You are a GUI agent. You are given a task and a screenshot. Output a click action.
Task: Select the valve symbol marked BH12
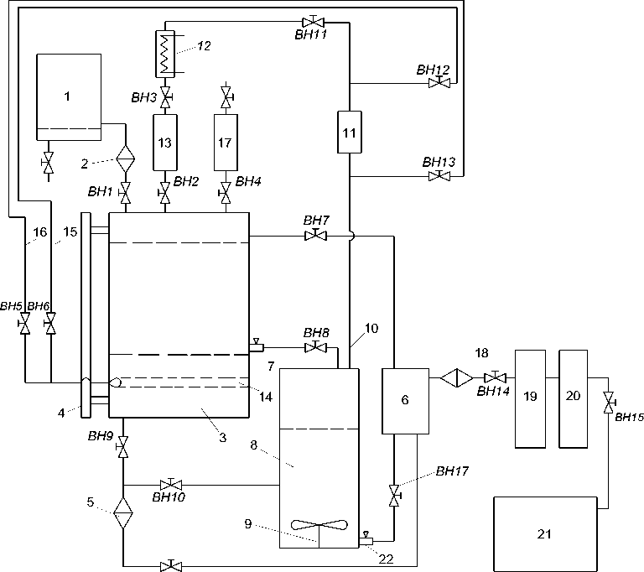click(439, 82)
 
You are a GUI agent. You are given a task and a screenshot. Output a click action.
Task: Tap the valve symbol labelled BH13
click(439, 176)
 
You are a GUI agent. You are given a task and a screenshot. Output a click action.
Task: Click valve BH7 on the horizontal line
click(315, 236)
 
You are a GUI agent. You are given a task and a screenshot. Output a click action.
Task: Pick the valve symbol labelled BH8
click(315, 347)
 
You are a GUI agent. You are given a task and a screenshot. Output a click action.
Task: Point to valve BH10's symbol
click(171, 484)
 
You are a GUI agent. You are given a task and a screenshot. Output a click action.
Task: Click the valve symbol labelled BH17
click(394, 496)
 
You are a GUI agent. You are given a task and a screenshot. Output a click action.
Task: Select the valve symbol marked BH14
click(496, 377)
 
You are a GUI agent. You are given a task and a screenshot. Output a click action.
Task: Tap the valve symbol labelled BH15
click(608, 403)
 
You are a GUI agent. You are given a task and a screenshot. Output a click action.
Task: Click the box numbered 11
click(350, 132)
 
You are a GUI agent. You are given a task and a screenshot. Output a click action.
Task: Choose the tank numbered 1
click(69, 97)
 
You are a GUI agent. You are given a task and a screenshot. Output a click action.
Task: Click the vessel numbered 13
click(165, 143)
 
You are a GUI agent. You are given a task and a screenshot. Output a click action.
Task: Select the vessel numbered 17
click(226, 143)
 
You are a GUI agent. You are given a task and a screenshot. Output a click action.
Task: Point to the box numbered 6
click(405, 401)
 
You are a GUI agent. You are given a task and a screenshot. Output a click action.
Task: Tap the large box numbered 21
click(545, 533)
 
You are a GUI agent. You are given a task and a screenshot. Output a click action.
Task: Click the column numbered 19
click(530, 398)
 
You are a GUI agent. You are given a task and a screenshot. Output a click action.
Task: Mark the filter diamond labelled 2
click(125, 159)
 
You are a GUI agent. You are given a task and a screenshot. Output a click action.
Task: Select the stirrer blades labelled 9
click(319, 525)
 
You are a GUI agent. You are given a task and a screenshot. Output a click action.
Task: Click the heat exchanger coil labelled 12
click(165, 54)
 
